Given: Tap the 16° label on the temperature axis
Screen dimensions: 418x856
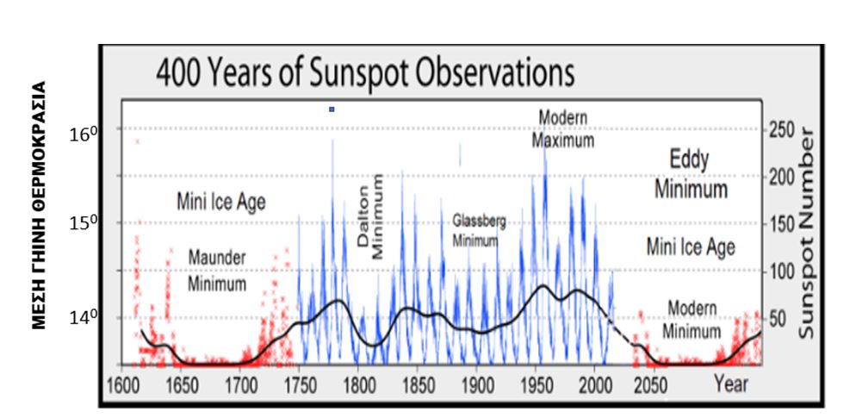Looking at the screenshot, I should (x=79, y=136).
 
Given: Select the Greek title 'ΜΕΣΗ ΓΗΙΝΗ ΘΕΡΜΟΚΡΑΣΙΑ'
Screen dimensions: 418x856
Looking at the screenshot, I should (x=39, y=207).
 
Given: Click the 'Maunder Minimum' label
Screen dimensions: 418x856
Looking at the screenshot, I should (x=218, y=271).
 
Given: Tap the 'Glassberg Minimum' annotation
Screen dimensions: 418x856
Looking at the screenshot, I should (x=479, y=231).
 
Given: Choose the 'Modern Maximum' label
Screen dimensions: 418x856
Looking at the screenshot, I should (x=562, y=128).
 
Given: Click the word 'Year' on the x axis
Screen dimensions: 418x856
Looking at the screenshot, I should (x=731, y=384).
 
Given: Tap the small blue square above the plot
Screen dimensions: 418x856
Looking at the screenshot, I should (x=332, y=109).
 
